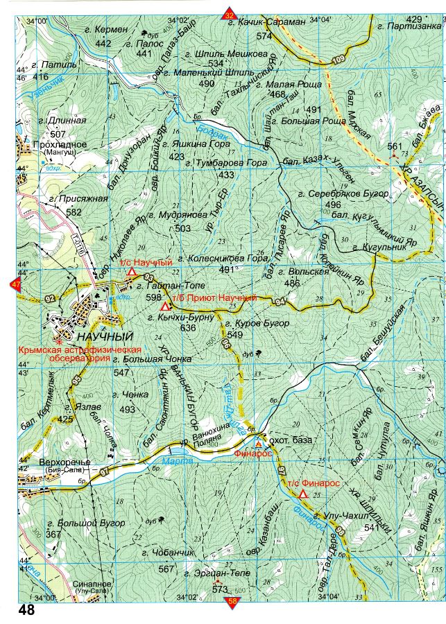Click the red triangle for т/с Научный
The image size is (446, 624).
(131, 273)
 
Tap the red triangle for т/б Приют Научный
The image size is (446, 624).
(164, 306)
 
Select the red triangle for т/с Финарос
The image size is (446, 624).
(303, 494)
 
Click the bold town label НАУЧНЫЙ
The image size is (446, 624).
(105, 337)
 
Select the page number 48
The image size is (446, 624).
(27, 611)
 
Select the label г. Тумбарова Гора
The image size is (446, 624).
(227, 163)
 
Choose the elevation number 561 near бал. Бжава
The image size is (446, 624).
(395, 146)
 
